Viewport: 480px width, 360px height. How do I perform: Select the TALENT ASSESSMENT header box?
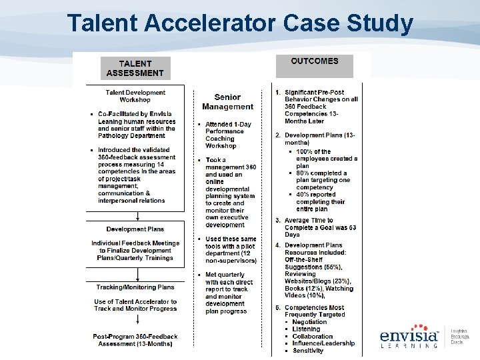coord(135,68)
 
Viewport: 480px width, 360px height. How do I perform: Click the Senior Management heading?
coord(227,102)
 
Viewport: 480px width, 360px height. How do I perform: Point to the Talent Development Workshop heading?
coord(135,96)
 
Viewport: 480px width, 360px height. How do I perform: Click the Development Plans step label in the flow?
coord(135,229)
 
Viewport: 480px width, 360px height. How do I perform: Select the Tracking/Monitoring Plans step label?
coord(135,287)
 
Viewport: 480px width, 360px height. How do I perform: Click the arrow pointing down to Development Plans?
coord(138,215)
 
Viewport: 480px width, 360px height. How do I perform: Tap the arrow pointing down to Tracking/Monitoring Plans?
coord(138,273)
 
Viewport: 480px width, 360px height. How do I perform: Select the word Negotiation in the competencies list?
coord(310,321)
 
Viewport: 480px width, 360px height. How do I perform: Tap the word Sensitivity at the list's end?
coord(308,351)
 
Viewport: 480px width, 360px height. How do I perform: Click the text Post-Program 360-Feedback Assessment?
coord(135,340)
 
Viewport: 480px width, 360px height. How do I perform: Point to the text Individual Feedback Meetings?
coord(135,243)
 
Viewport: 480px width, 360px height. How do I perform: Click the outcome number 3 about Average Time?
coord(278,221)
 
